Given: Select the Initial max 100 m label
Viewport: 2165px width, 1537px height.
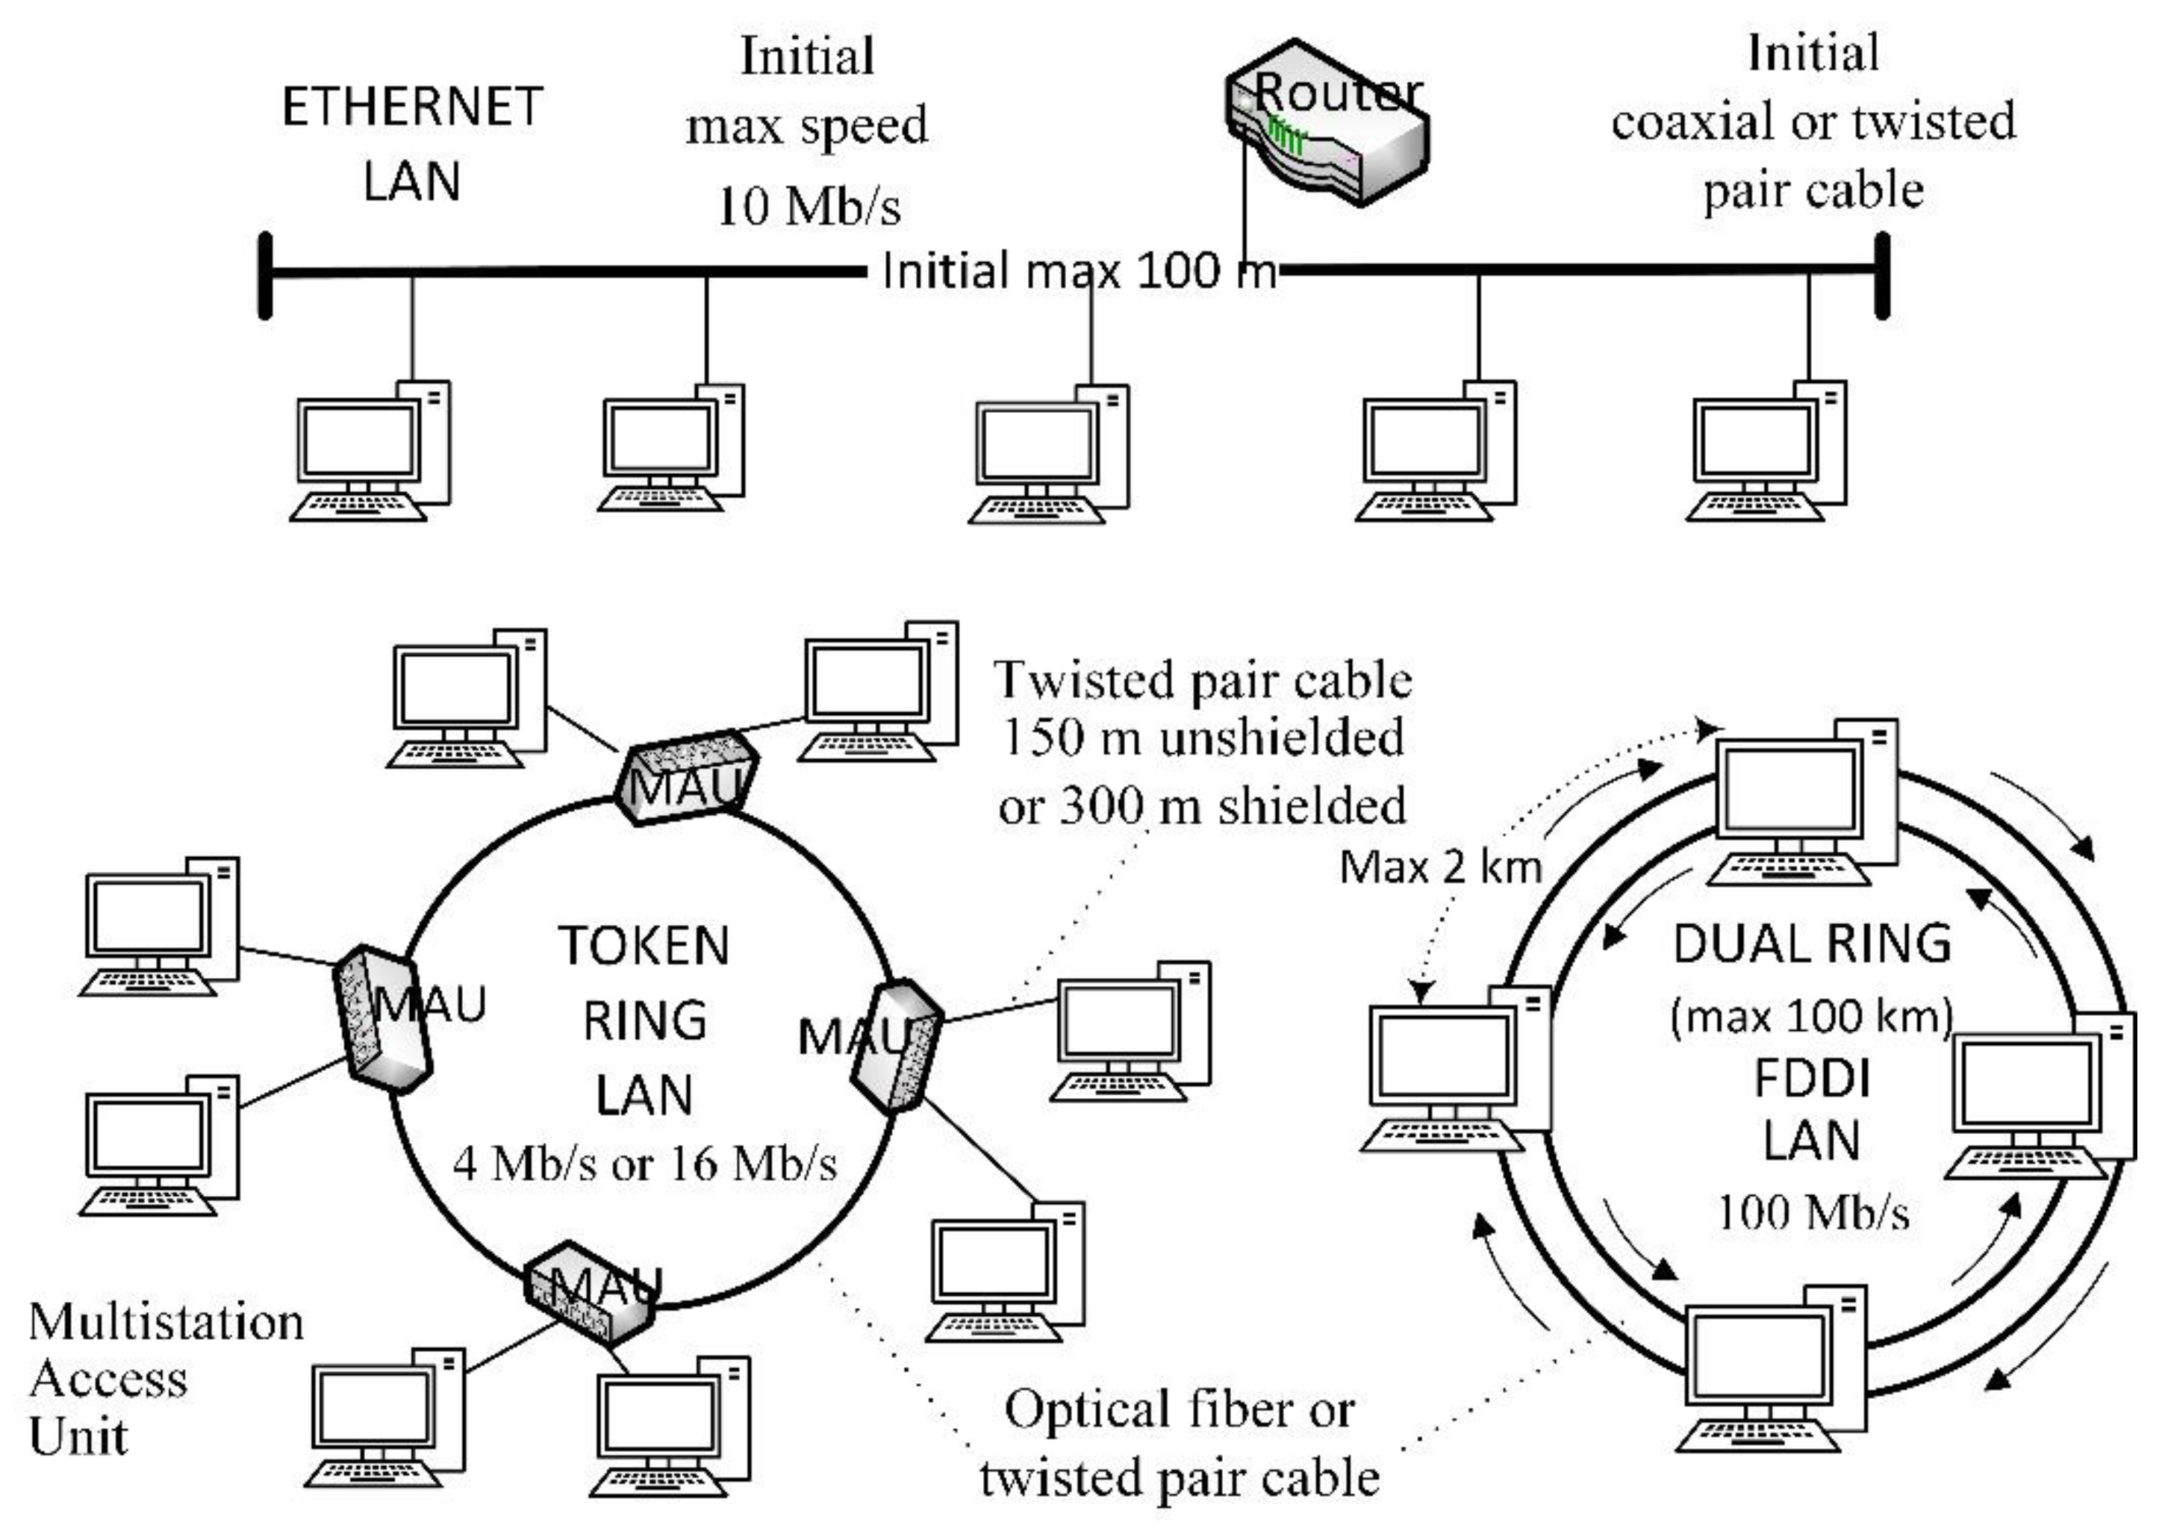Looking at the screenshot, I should [1078, 272].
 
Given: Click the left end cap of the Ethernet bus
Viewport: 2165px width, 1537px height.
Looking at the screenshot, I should [266, 275].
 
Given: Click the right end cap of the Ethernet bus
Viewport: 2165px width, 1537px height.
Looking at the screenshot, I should [1882, 275].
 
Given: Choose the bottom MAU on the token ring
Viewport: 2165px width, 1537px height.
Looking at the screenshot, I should [591, 1293].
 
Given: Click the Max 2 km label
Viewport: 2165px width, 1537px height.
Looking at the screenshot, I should [1440, 867].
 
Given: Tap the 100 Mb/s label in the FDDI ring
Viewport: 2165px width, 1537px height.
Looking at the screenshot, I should [1812, 1212].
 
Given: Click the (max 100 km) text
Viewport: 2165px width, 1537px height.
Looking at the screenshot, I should [1811, 1015].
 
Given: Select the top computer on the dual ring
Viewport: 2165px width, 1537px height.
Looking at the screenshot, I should [1803, 805].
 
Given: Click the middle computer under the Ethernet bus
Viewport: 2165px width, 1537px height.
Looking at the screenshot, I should [1050, 455].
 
